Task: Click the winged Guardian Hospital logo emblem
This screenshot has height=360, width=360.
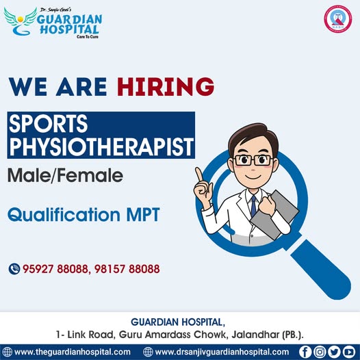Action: click(x=20, y=22)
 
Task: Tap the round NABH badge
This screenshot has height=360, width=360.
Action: click(x=337, y=19)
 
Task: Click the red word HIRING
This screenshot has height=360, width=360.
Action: click(x=166, y=86)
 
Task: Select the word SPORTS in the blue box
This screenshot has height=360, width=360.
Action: click(x=48, y=123)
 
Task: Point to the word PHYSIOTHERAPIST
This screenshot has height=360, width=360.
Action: click(x=101, y=147)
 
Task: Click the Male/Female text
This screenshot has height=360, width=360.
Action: click(x=65, y=175)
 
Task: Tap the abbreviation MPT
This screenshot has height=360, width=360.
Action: click(x=143, y=215)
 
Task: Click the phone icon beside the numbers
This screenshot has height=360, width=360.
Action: click(x=14, y=269)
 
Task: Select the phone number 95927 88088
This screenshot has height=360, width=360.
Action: click(x=55, y=269)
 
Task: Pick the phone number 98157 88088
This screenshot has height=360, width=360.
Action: click(x=127, y=269)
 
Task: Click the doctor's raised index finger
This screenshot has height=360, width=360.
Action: click(x=198, y=174)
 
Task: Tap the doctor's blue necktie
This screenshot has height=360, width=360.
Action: click(x=253, y=206)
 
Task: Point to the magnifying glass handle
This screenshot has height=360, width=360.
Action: click(x=320, y=269)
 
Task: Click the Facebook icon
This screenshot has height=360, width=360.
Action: click(x=305, y=352)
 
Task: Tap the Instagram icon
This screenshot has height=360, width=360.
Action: click(x=320, y=352)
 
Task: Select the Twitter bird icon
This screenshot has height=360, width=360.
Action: click(x=334, y=352)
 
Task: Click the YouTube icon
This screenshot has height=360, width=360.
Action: click(x=349, y=352)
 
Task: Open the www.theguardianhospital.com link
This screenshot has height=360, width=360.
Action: click(x=73, y=352)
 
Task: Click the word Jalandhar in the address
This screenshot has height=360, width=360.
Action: click(x=255, y=335)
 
